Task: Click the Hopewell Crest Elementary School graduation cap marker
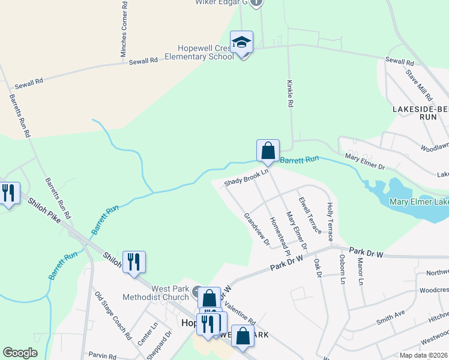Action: pyautogui.click(x=241, y=43)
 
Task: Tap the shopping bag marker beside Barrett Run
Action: pyautogui.click(x=268, y=151)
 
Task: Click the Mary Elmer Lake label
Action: pyautogui.click(x=418, y=202)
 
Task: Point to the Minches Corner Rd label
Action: pyautogui.click(x=124, y=29)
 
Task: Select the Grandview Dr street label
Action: pyautogui.click(x=256, y=229)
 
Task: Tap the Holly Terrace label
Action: pyautogui.click(x=330, y=217)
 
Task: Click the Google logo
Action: pyautogui.click(x=20, y=353)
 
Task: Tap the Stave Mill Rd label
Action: pyautogui.click(x=419, y=85)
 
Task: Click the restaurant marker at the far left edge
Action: pyautogui.click(x=7, y=193)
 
